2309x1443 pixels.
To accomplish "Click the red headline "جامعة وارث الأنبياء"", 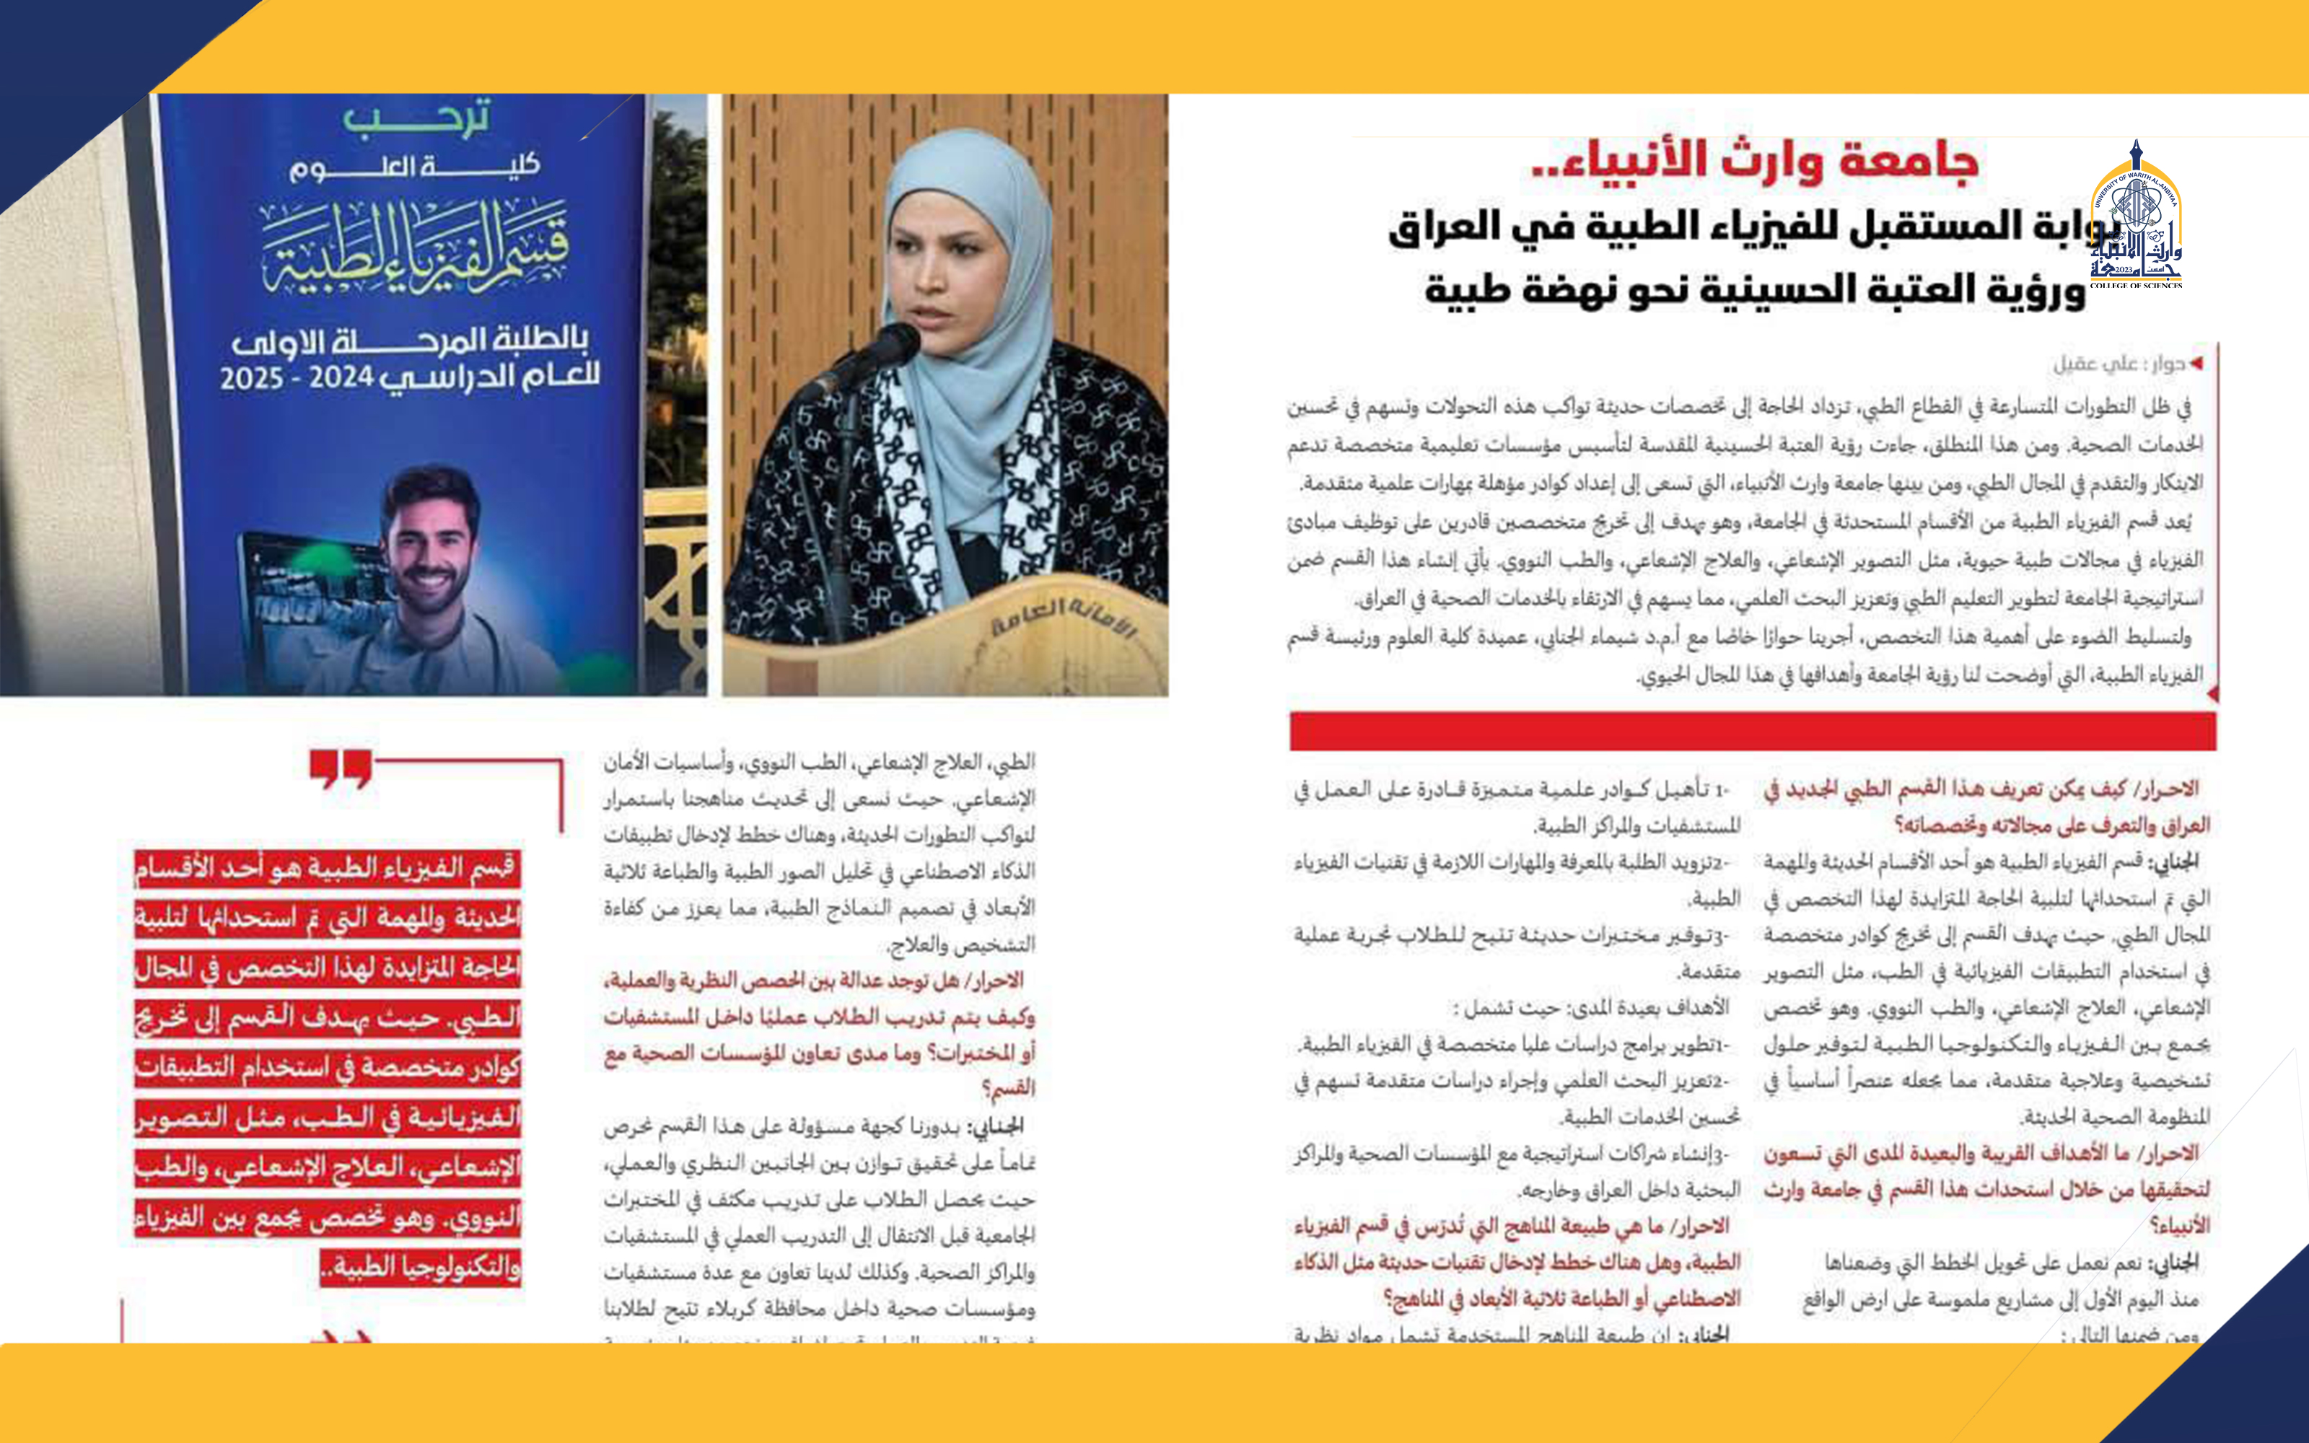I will (x=1756, y=160).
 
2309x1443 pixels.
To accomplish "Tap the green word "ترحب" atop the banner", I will (x=417, y=118).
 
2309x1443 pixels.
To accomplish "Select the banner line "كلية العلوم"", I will (x=415, y=169).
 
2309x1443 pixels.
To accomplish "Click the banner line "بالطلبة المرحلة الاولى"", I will (x=411, y=340).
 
